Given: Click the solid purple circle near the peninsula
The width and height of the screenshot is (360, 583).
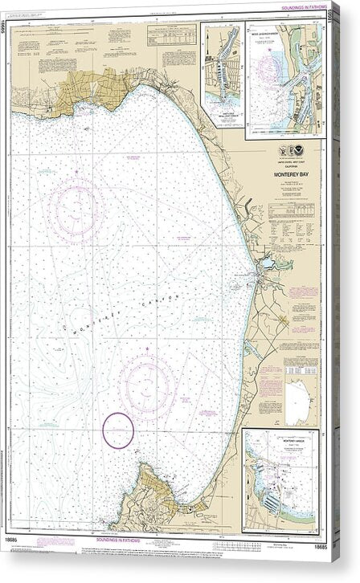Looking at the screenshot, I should pos(118,430).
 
